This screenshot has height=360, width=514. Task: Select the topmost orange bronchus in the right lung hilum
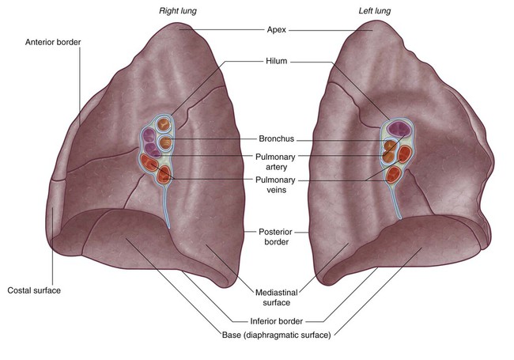(x=165, y=125)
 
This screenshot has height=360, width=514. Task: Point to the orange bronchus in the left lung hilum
(x=389, y=146)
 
